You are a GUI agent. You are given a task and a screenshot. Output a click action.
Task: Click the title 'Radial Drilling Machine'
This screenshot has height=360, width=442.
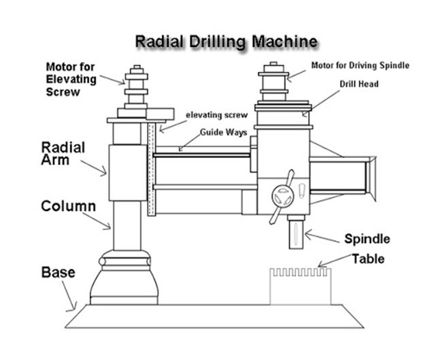pos(226,41)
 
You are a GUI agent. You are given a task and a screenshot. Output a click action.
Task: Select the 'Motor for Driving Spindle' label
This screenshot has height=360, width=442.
pos(360,66)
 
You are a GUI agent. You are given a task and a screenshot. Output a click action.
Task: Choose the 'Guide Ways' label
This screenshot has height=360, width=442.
pos(218,133)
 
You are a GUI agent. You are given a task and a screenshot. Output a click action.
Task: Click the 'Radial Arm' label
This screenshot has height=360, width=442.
pos(63,153)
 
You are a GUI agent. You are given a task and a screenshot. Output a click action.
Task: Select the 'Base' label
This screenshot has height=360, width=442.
pos(58,273)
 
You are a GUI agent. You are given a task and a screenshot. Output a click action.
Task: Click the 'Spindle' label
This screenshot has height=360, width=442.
pos(367,239)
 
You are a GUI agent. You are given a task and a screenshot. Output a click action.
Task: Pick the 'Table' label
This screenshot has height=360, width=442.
pos(368,259)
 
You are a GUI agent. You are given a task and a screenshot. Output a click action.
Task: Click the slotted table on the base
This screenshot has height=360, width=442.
pos(301,286)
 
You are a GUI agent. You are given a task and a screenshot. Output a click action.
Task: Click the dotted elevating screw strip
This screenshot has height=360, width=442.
pos(152,170)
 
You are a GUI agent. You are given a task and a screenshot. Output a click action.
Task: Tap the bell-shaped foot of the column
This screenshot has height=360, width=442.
pos(124,279)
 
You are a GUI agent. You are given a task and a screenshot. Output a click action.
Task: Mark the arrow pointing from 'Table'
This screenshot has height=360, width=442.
pos(333,263)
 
